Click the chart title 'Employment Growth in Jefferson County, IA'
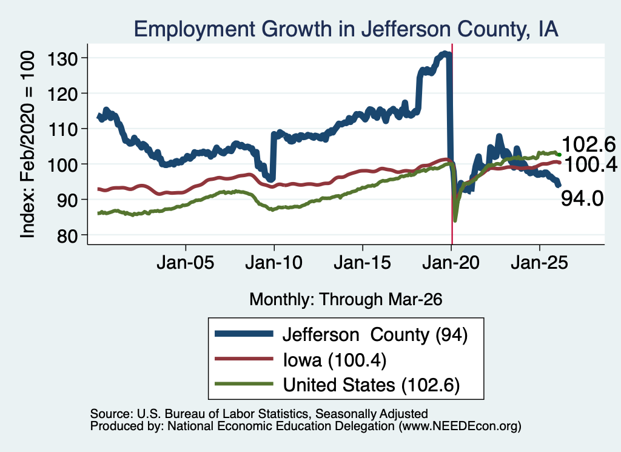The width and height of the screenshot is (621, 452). [x=346, y=29]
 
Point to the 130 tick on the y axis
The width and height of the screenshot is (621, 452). [x=62, y=59]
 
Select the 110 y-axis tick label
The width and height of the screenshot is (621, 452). [x=62, y=129]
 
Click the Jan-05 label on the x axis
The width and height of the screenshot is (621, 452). [x=186, y=262]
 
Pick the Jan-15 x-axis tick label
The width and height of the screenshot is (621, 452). [x=363, y=262]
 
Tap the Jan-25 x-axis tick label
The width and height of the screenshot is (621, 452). [x=539, y=262]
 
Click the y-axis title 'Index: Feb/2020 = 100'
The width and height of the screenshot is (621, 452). [x=27, y=144]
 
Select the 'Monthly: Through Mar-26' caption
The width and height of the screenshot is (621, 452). [x=346, y=299]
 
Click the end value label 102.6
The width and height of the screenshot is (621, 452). [x=588, y=144]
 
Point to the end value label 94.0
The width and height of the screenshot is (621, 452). [x=582, y=198]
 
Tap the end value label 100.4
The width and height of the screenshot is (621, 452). [x=590, y=164]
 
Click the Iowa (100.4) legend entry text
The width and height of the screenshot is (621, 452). [x=335, y=360]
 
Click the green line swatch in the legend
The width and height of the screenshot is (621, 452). [x=244, y=384]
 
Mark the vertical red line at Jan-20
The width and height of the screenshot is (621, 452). [x=452, y=144]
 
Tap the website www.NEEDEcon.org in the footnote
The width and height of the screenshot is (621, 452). [x=460, y=427]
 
